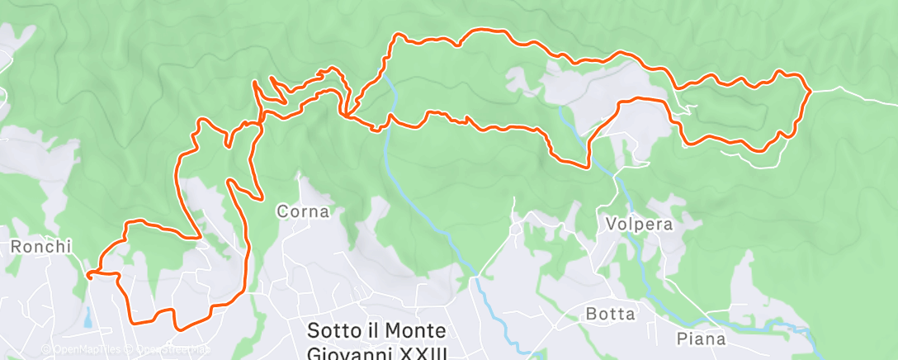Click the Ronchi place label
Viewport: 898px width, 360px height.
click(x=42, y=246)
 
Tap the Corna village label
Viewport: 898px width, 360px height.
click(x=303, y=211)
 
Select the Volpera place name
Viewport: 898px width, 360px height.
click(x=639, y=224)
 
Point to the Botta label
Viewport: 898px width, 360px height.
click(x=611, y=314)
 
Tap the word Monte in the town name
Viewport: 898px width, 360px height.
click(x=417, y=331)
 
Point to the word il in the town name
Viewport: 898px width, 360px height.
click(x=372, y=331)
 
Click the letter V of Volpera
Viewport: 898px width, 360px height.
click(x=611, y=224)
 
